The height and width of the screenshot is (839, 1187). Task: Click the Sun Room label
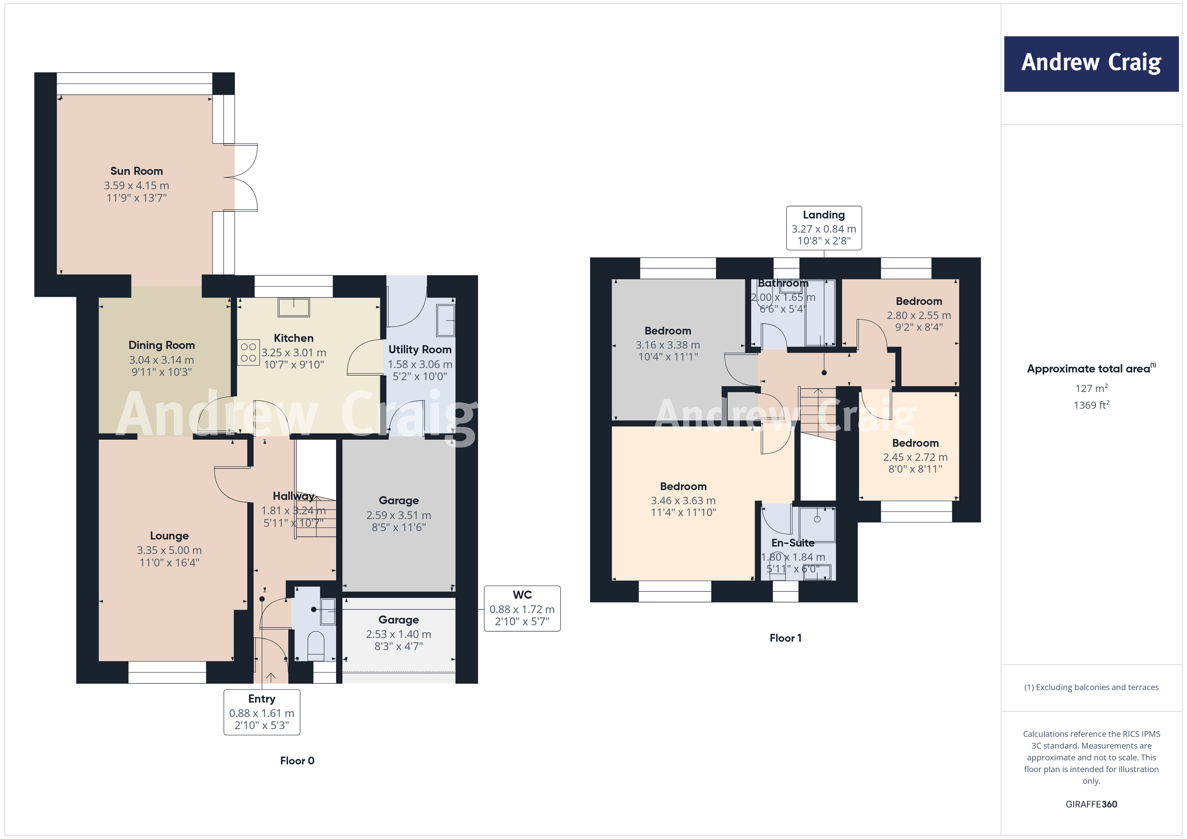pyautogui.click(x=136, y=171)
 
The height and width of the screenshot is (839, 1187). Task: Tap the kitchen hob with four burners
pyautogui.click(x=248, y=352)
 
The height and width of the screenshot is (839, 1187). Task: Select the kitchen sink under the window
pyautogui.click(x=294, y=307)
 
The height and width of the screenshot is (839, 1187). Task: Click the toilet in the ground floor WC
pyautogui.click(x=315, y=645)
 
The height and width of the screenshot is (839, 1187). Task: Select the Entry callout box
pyautogui.click(x=261, y=711)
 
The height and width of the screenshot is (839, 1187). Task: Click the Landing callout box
pyautogui.click(x=824, y=228)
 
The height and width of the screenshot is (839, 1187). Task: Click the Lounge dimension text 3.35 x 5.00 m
pyautogui.click(x=169, y=550)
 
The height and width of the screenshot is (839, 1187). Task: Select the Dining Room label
pyautogui.click(x=161, y=345)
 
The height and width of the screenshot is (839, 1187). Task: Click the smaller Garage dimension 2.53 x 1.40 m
pyautogui.click(x=398, y=634)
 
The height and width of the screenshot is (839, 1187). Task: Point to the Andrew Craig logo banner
pyautogui.click(x=1091, y=64)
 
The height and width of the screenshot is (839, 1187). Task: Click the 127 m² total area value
pyautogui.click(x=1091, y=388)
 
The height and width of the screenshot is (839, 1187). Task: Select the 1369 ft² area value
pyautogui.click(x=1091, y=405)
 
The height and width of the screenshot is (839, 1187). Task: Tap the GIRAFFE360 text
pyautogui.click(x=1091, y=804)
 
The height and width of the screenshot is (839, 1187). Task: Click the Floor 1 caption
pyautogui.click(x=785, y=638)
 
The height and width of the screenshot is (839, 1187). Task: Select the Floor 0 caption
pyautogui.click(x=297, y=761)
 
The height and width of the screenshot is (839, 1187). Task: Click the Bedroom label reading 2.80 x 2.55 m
pyautogui.click(x=919, y=301)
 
